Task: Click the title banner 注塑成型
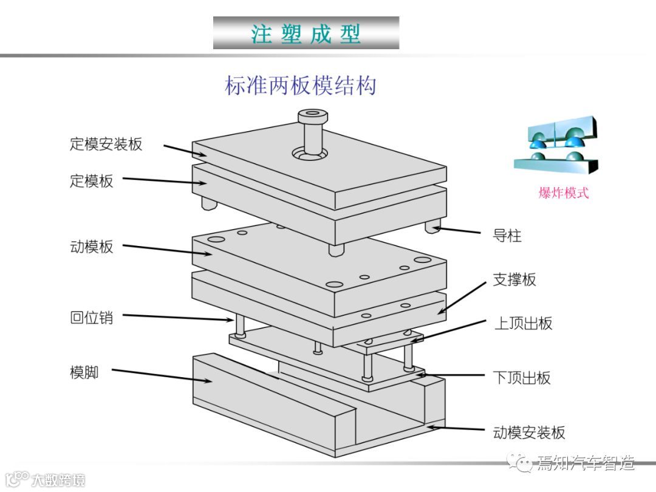click(x=306, y=33)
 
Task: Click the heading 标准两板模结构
click(x=301, y=85)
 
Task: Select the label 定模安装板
click(x=106, y=144)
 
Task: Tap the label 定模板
click(x=91, y=181)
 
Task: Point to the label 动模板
click(x=91, y=247)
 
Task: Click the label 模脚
click(x=84, y=372)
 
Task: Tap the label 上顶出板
click(x=523, y=323)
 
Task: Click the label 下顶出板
click(x=522, y=378)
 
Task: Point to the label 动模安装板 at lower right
click(x=529, y=432)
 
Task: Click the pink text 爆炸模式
click(x=564, y=194)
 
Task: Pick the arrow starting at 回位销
click(x=176, y=318)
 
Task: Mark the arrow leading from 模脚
click(x=161, y=375)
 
